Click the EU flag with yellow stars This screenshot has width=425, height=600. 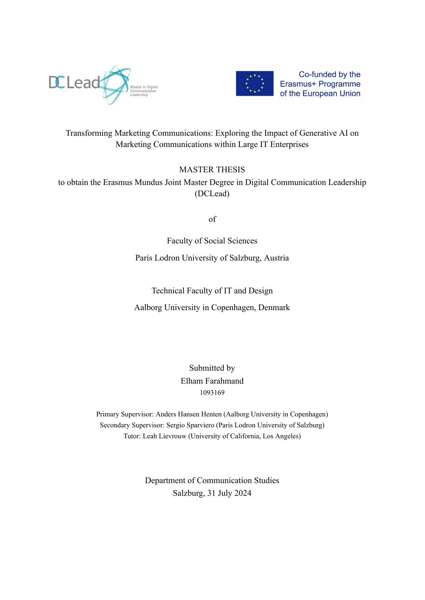[255, 83]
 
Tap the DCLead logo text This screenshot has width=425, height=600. [74, 82]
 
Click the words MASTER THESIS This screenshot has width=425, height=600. [212, 170]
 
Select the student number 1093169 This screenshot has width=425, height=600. [212, 393]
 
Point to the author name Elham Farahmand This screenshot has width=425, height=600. [212, 381]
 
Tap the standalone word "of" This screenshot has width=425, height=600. [212, 219]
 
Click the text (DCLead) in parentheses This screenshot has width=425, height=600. [212, 194]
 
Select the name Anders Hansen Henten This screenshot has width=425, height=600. [189, 414]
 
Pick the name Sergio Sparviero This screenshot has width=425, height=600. [190, 425]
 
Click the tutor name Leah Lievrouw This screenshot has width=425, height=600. [165, 436]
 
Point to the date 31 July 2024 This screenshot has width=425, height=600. [229, 493]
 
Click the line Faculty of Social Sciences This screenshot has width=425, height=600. [212, 241]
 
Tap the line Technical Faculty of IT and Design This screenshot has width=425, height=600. [212, 291]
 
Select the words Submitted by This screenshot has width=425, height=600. [212, 368]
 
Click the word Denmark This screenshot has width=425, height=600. [274, 307]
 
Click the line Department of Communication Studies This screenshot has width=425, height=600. [212, 480]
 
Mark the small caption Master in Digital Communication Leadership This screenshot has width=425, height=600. [144, 91]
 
